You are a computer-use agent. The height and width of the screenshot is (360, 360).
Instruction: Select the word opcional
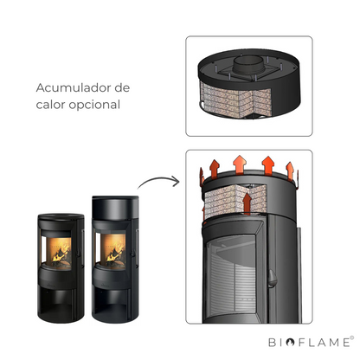[x=94, y=106]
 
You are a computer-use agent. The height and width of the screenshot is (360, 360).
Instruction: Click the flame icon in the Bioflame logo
[x=290, y=342]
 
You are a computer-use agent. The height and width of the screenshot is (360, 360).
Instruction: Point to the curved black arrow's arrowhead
[x=176, y=181]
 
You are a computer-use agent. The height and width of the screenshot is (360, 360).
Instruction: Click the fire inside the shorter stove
[x=61, y=253]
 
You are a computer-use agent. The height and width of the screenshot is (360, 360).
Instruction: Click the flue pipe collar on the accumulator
[x=248, y=64]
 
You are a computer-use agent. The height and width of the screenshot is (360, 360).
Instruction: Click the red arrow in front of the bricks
[x=247, y=203]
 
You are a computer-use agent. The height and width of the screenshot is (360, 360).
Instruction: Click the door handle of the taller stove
[x=132, y=252]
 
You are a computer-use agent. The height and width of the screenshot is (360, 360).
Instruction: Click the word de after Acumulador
[x=122, y=87]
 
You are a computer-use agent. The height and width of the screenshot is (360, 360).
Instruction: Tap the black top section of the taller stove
[x=115, y=208]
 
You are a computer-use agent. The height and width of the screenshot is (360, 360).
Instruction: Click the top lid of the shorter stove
[x=61, y=216]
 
